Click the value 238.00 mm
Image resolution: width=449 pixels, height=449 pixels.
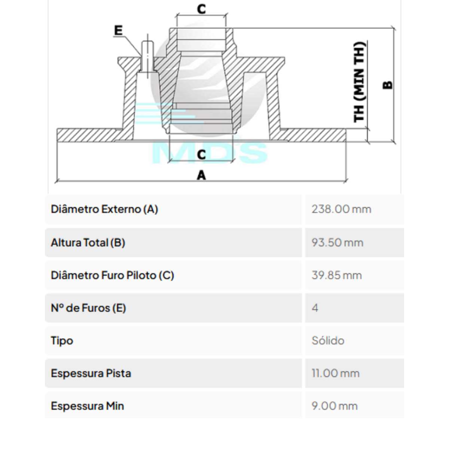(341, 209)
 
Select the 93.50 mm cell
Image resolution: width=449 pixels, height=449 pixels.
(337, 242)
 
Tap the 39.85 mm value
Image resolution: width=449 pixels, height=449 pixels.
(336, 275)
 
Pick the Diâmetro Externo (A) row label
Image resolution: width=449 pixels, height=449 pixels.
(104, 209)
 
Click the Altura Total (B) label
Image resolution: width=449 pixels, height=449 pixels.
(88, 242)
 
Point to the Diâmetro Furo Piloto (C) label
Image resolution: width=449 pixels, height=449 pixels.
(112, 275)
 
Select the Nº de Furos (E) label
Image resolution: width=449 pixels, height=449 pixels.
(88, 308)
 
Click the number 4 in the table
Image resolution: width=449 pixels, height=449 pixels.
(315, 308)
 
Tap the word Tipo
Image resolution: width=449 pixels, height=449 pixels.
(62, 341)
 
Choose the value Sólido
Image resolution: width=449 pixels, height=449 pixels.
(328, 341)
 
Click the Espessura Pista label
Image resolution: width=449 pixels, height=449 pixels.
(91, 373)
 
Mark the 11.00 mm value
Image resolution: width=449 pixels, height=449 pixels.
(335, 373)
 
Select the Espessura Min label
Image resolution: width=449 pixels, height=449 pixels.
(87, 406)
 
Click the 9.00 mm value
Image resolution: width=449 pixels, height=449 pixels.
(335, 406)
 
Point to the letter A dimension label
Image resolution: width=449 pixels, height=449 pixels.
(201, 175)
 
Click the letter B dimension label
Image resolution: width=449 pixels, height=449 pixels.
(388, 85)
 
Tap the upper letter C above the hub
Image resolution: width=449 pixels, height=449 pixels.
(201, 9)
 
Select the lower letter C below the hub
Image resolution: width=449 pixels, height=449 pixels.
(201, 154)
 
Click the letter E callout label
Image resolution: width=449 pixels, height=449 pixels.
(118, 30)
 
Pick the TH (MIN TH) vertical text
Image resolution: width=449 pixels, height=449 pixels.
(359, 82)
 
